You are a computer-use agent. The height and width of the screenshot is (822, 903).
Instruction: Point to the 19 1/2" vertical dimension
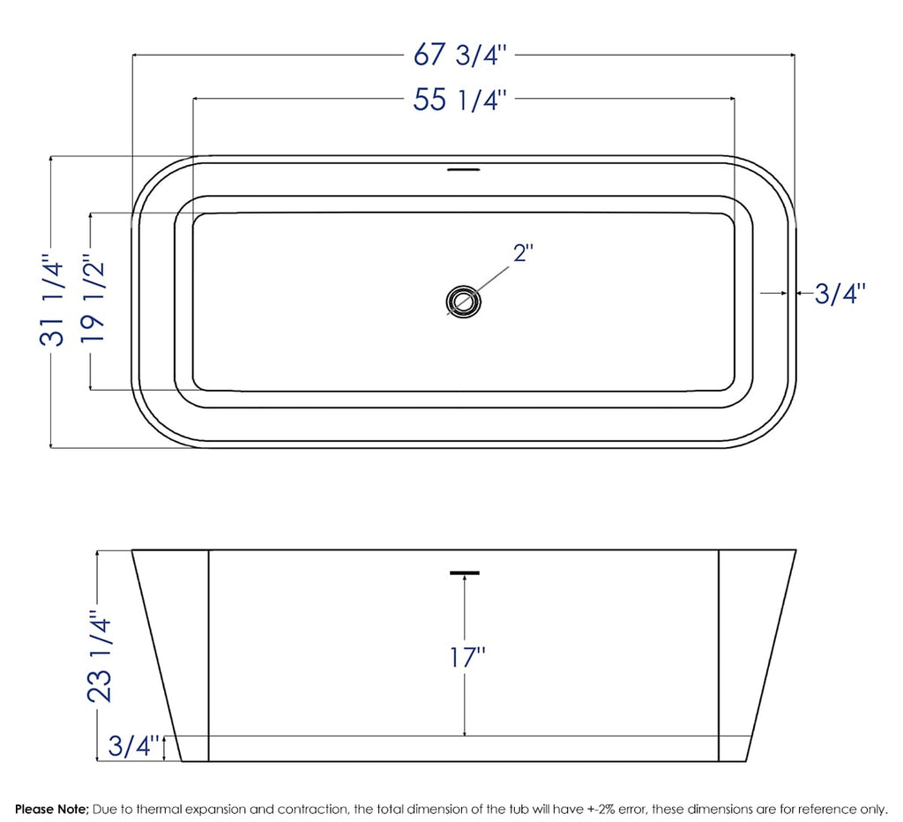click(x=93, y=301)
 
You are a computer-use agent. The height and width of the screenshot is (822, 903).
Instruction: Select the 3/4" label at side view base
click(x=133, y=746)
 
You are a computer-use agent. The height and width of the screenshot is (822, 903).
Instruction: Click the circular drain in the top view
click(x=464, y=301)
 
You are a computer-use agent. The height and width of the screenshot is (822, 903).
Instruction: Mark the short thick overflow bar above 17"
click(x=465, y=573)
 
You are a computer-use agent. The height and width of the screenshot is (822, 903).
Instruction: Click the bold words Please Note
click(x=51, y=808)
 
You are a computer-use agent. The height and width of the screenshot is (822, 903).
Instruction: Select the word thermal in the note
click(x=144, y=808)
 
